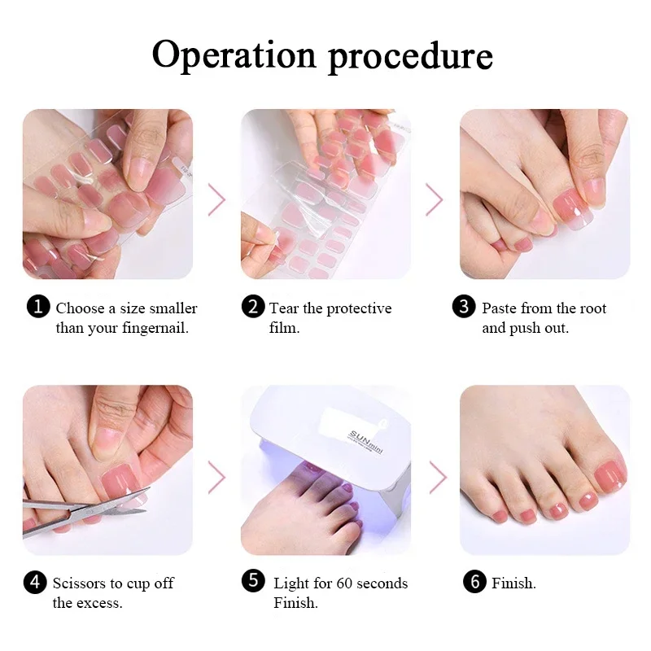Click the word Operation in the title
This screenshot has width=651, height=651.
click(234, 55)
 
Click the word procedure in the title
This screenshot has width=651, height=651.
click(411, 56)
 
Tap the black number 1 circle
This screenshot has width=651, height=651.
click(38, 307)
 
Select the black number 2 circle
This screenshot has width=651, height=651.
click(253, 307)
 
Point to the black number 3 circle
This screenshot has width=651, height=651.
click(464, 307)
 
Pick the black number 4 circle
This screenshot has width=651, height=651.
click(35, 582)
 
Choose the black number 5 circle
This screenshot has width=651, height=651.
click(253, 580)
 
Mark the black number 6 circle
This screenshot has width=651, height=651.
click(474, 581)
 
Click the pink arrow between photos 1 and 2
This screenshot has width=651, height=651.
click(216, 199)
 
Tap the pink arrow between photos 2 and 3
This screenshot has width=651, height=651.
click(435, 199)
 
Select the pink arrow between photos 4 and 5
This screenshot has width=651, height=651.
click(216, 477)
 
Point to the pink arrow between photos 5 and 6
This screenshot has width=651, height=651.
click(438, 477)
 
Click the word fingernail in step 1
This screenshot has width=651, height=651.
click(155, 329)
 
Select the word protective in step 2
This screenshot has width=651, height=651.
click(359, 309)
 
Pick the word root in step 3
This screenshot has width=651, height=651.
click(594, 308)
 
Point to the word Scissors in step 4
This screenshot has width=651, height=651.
click(79, 583)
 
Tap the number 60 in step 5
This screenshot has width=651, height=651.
click(344, 583)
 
